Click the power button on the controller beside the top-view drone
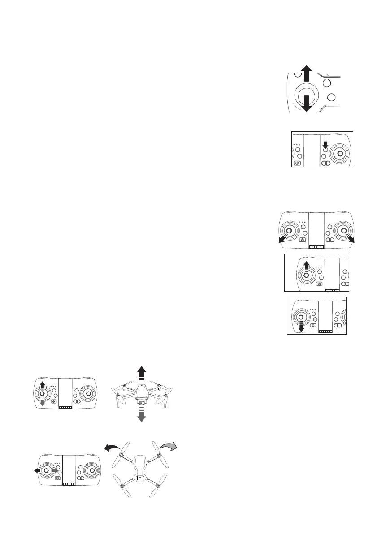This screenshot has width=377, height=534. [57, 478]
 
